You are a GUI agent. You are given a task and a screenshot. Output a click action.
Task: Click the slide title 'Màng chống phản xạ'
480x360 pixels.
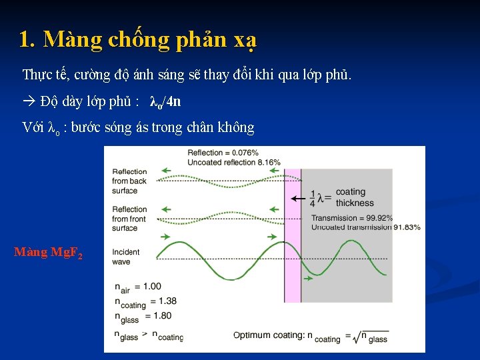coord(137,41)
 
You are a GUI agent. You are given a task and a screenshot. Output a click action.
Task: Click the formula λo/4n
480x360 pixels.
coord(165,102)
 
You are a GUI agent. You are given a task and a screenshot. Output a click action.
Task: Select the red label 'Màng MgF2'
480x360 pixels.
coord(48,253)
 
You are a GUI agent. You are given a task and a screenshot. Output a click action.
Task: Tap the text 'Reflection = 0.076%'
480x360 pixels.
coord(223,153)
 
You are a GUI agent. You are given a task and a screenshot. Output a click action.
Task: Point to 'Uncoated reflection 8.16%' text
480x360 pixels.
coord(234,162)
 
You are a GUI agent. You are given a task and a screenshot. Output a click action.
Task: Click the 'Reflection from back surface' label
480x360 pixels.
coord(129,181)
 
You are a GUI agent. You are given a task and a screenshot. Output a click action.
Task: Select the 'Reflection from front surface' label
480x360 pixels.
coord(129,219)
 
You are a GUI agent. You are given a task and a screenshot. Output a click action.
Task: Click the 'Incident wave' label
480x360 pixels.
coord(125,257)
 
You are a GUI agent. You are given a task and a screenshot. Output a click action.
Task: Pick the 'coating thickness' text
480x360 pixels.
coord(351,197)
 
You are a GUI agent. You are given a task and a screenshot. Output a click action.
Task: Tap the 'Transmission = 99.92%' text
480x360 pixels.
coord(352,218)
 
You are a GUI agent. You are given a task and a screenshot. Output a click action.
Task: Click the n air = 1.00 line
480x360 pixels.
coord(137,287)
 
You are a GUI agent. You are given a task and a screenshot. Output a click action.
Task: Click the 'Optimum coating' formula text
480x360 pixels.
coord(310,336)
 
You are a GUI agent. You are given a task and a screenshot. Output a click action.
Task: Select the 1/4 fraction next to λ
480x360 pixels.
coord(313,198)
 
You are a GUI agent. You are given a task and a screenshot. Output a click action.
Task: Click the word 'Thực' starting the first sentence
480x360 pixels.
coord(36,74)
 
